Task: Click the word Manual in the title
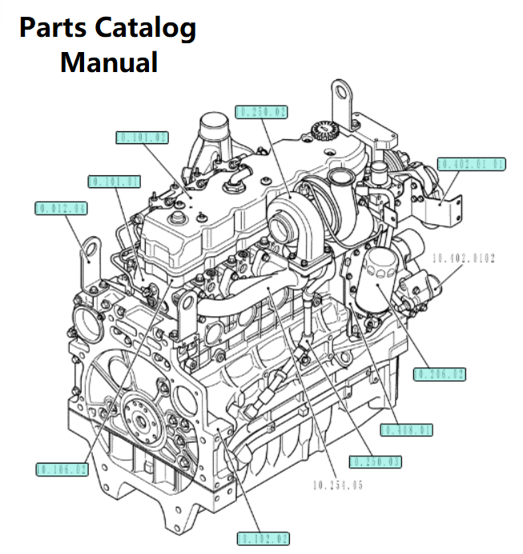point(108,61)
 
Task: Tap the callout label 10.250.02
point(262,111)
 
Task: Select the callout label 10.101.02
point(143,138)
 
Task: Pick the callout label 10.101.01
point(114,181)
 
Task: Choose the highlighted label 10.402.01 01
point(473,164)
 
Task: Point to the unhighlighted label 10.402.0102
point(464,258)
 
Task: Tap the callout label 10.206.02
point(440,373)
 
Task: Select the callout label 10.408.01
point(407,430)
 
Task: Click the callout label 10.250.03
point(375,462)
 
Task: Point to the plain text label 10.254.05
point(340,484)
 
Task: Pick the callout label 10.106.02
point(62,468)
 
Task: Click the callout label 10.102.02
point(264,539)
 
